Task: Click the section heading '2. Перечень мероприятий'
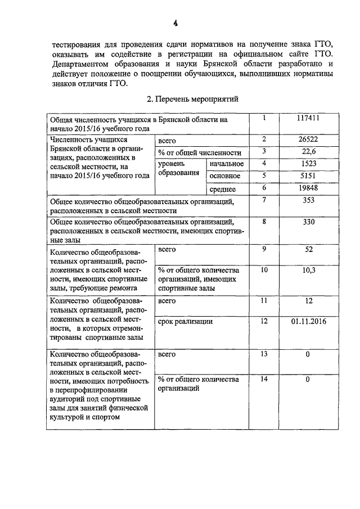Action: click(x=192, y=100)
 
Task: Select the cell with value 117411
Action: click(x=308, y=119)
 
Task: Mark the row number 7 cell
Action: click(x=263, y=201)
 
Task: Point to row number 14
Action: click(x=263, y=380)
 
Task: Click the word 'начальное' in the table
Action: click(x=226, y=164)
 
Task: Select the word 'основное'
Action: click(x=225, y=177)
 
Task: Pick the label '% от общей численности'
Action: click(x=200, y=152)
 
